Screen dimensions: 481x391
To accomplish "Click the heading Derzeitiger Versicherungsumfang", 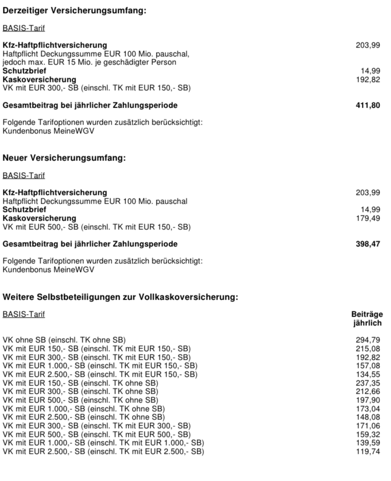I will pyautogui.click(x=74, y=11).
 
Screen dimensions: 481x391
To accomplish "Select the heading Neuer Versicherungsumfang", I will pyautogui.click(x=64, y=158).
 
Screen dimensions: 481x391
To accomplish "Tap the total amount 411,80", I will pyautogui.click(x=368, y=105).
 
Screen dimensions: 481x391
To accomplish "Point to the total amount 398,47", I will pyautogui.click(x=368, y=244).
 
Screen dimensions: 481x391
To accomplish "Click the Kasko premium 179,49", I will pyautogui.click(x=368, y=218).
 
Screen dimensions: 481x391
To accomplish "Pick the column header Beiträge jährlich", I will pyautogui.click(x=367, y=319).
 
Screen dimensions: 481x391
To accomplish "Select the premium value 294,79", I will pyautogui.click(x=368, y=339).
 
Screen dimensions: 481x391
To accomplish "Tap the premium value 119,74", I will pyautogui.click(x=368, y=451).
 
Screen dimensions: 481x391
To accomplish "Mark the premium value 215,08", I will pyautogui.click(x=368, y=348).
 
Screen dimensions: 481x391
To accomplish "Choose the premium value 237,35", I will pyautogui.click(x=368, y=383).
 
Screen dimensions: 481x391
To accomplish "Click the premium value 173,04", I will pyautogui.click(x=368, y=408).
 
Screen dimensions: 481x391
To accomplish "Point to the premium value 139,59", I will pyautogui.click(x=368, y=443).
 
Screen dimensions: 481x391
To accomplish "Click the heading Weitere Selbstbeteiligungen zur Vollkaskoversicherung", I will pyautogui.click(x=120, y=297).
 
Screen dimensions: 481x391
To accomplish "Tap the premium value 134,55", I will pyautogui.click(x=368, y=374).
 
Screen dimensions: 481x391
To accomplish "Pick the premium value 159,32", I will pyautogui.click(x=368, y=434).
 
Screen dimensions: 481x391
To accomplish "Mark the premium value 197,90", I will pyautogui.click(x=368, y=400).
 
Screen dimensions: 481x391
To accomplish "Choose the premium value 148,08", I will pyautogui.click(x=368, y=417).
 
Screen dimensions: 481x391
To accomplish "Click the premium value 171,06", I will pyautogui.click(x=368, y=426).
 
